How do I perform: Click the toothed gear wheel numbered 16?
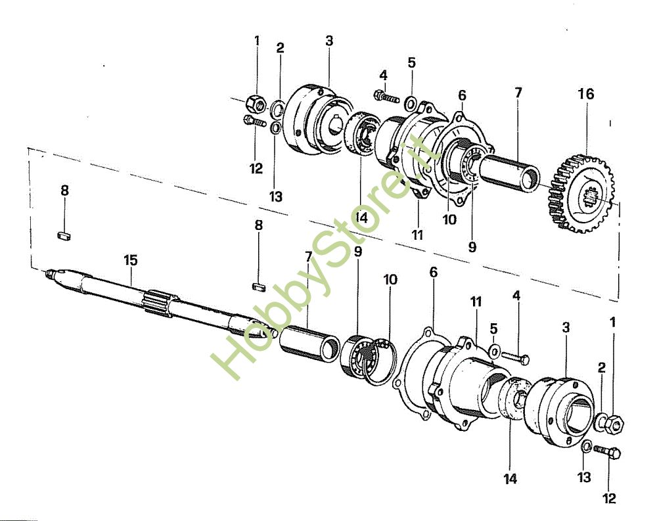[581, 194]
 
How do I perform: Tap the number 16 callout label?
[586, 94]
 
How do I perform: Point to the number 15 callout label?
[130, 260]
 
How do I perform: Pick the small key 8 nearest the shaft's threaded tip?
[64, 235]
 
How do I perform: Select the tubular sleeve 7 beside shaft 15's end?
[309, 344]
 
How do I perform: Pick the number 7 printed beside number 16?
[519, 93]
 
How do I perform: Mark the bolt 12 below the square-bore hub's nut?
[608, 453]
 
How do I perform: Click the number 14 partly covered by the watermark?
[361, 217]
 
